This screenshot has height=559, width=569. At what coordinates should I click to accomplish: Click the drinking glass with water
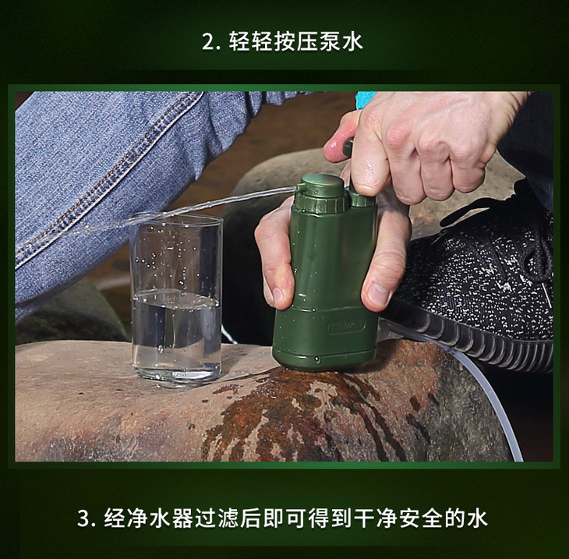coord(176,299)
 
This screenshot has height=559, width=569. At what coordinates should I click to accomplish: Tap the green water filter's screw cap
coord(320,195)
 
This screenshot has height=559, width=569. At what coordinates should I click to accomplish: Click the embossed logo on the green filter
coord(346,326)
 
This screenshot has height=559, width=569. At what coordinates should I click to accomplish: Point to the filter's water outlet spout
coord(299,188)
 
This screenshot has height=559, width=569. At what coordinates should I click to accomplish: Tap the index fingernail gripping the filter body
coord(277,295)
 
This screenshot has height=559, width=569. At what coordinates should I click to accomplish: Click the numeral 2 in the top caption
coord(209,42)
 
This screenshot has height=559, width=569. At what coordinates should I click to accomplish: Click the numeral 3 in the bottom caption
coord(83,518)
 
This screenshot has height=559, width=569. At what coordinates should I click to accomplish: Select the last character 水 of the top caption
coord(352,42)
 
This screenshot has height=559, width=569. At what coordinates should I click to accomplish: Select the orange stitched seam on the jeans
coord(109,174)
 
